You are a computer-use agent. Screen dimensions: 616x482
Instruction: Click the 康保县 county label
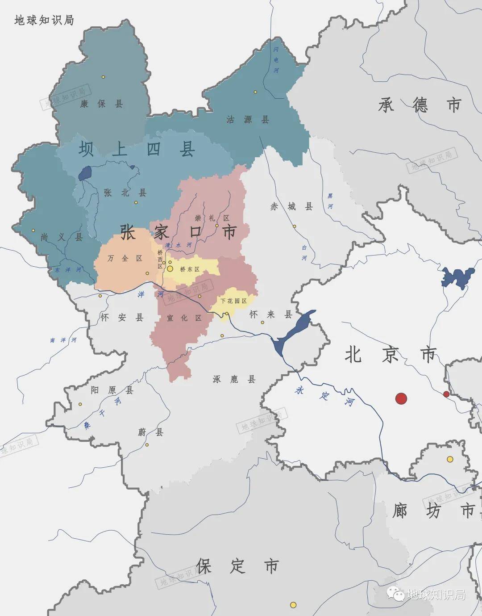(101, 104)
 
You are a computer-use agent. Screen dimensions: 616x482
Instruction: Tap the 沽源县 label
(247, 119)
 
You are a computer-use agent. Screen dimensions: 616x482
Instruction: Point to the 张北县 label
(125, 193)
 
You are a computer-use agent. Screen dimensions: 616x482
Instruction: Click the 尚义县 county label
(62, 237)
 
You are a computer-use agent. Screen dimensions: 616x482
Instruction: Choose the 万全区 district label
(125, 258)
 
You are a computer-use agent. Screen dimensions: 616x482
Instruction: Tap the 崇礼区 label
(212, 218)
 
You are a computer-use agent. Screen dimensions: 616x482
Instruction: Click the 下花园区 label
(233, 301)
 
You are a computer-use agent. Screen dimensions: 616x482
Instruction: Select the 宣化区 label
(184, 318)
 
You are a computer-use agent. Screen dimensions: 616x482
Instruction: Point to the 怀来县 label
(270, 314)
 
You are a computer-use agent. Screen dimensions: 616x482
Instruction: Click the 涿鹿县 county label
(234, 379)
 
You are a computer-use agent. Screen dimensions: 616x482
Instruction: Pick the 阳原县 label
(112, 390)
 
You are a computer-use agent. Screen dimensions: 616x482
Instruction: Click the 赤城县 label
(291, 206)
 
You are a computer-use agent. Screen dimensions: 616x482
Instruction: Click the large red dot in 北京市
(401, 398)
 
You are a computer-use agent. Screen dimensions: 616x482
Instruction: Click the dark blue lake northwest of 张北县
(85, 173)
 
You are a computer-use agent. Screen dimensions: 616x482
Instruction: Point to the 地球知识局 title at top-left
(44, 20)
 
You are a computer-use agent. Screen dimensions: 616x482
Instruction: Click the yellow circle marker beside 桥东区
(170, 269)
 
